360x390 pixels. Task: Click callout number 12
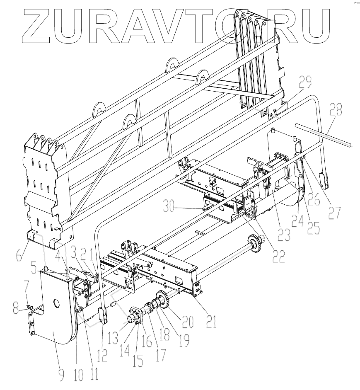point(102,355)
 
